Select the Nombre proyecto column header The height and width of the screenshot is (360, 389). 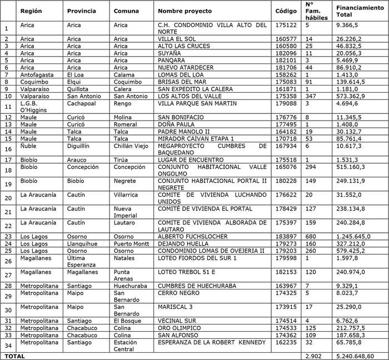point(183,11)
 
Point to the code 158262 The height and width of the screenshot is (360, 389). point(286,74)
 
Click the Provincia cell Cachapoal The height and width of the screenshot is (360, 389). point(81,103)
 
